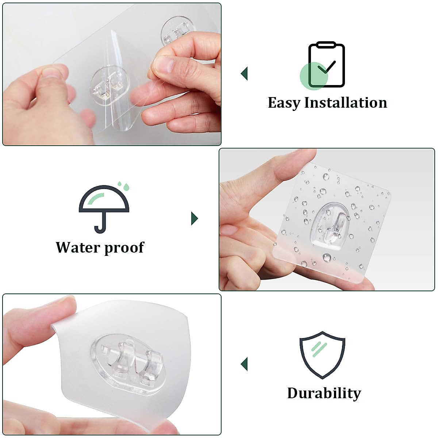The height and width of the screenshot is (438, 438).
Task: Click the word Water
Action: pyautogui.click(x=77, y=247)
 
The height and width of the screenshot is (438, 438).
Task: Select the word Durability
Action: pyautogui.click(x=324, y=393)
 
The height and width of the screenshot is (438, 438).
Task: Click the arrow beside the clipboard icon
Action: pyautogui.click(x=244, y=73)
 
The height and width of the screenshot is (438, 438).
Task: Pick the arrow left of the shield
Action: pyautogui.click(x=244, y=364)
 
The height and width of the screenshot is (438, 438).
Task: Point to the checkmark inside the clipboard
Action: pyautogui.click(x=326, y=66)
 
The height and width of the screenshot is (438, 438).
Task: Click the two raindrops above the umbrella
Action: pyautogui.click(x=124, y=186)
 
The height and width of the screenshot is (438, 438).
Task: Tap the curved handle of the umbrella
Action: pyautogui.click(x=100, y=226)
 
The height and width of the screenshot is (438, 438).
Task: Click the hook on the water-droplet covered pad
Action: pyautogui.click(x=335, y=228)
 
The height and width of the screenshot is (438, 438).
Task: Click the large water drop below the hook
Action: pyautogui.click(x=327, y=258)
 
